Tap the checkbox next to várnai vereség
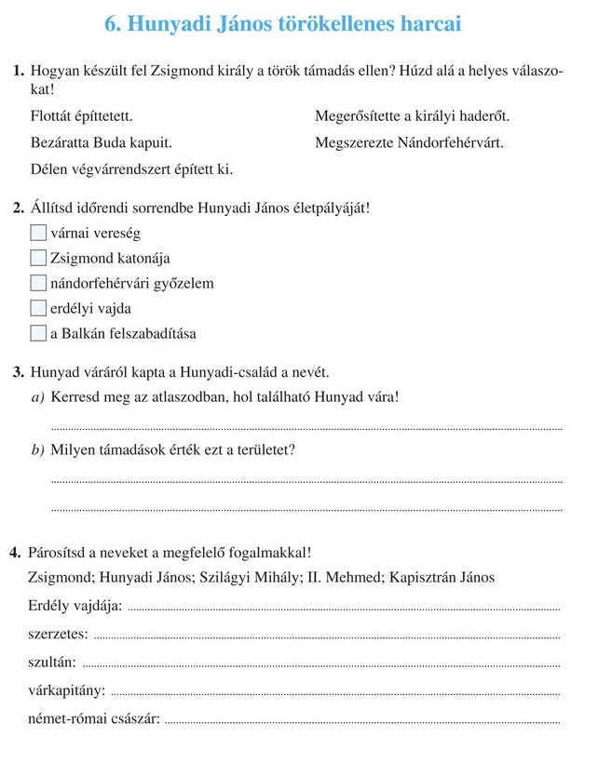(37, 233)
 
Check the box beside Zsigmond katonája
(37, 258)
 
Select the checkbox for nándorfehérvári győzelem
(37, 283)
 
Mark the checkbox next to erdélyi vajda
(37, 308)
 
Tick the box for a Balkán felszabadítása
(37, 333)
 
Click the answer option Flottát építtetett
(81, 117)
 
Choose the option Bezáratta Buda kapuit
(101, 143)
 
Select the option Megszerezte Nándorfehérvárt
(409, 143)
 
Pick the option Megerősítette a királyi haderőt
(413, 117)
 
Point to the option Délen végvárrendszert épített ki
(131, 169)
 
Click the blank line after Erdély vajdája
(343, 609)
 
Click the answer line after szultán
(322, 664)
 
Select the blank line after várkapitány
(335, 692)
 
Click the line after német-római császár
(362, 720)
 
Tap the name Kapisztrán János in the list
(442, 577)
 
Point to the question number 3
(19, 373)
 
